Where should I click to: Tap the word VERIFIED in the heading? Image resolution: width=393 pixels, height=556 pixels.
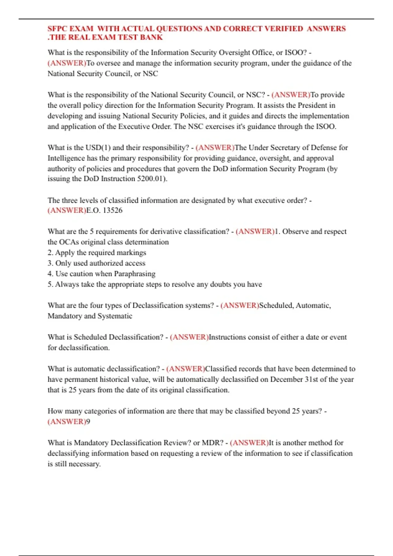[284, 29]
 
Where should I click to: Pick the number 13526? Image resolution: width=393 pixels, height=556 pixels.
[113, 210]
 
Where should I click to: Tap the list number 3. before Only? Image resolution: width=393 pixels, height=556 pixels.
[50, 263]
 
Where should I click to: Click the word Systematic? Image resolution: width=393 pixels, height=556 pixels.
[115, 316]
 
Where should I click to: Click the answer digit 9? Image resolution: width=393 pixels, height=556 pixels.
[88, 422]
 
